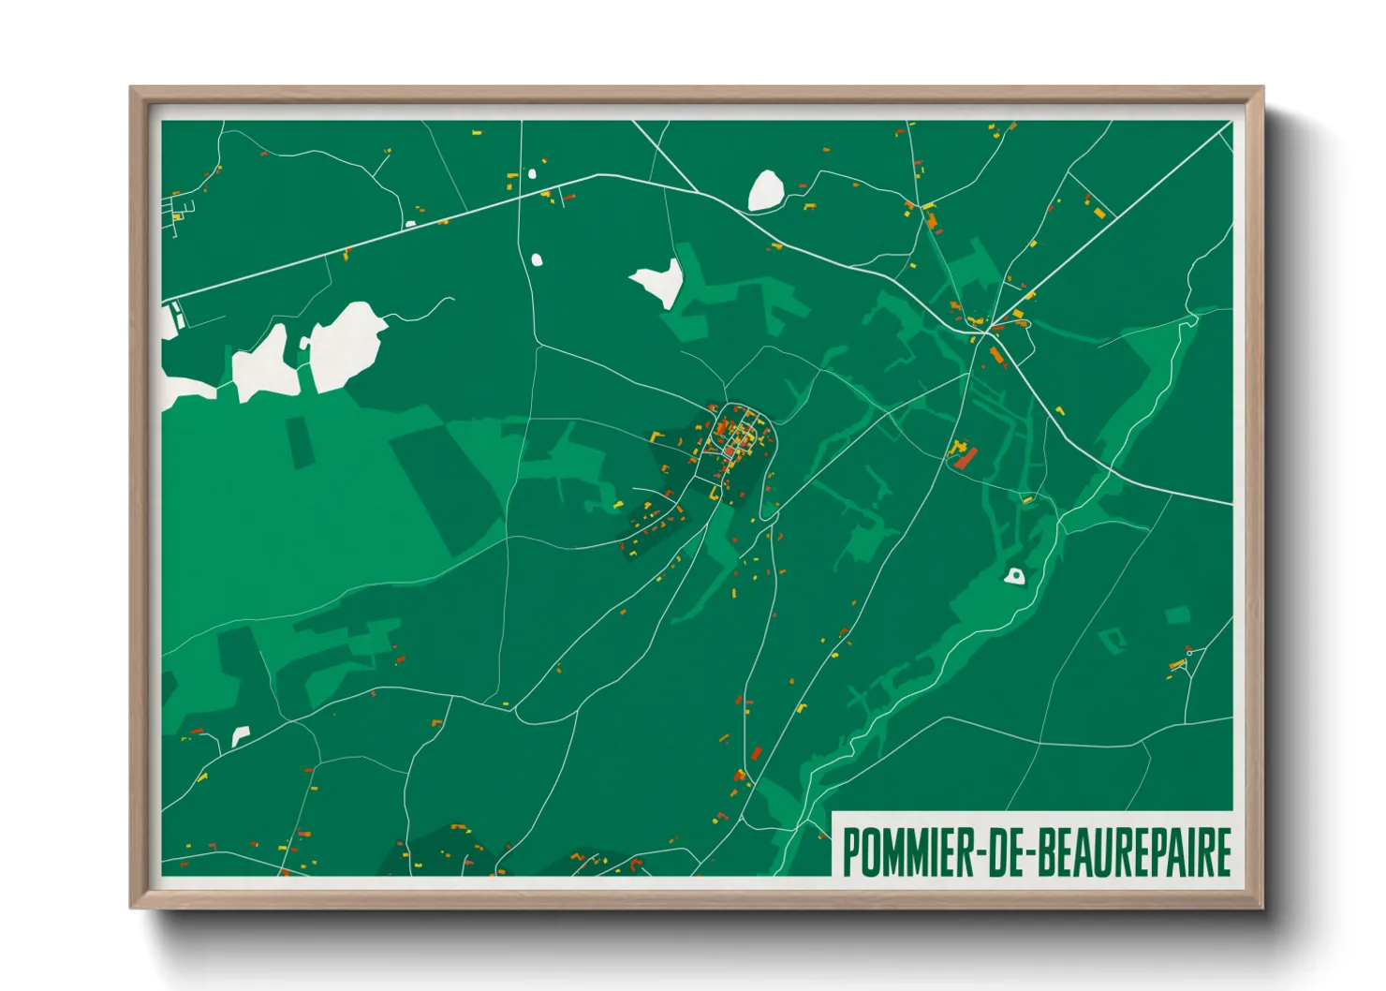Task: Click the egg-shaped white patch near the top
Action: (765, 190)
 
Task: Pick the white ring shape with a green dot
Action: (1014, 576)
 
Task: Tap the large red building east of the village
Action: (966, 457)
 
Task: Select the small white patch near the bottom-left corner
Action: (241, 736)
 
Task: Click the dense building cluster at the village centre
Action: (740, 438)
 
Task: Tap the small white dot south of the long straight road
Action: (537, 259)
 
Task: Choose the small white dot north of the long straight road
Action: (532, 173)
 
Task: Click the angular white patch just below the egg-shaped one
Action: (661, 280)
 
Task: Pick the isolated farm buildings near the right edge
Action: (1180, 663)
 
